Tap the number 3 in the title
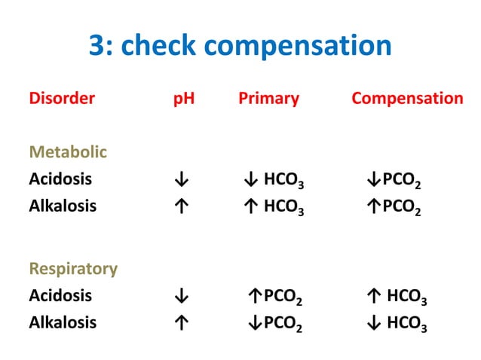[x=96, y=46]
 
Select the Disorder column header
[x=62, y=98]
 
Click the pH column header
[x=184, y=99]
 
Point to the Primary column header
[x=268, y=98]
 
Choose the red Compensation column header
[x=407, y=99]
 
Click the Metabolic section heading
[x=68, y=152]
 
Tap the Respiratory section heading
[x=73, y=268]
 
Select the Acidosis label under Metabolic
[x=60, y=179]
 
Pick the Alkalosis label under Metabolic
[x=63, y=206]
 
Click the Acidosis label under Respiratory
[x=60, y=295]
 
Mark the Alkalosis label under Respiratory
[x=63, y=322]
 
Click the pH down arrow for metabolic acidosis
[x=180, y=180]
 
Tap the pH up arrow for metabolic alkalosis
[x=180, y=206]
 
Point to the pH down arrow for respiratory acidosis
[x=180, y=296]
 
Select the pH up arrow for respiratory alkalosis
[x=180, y=323]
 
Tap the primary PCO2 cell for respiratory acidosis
[x=276, y=297]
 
